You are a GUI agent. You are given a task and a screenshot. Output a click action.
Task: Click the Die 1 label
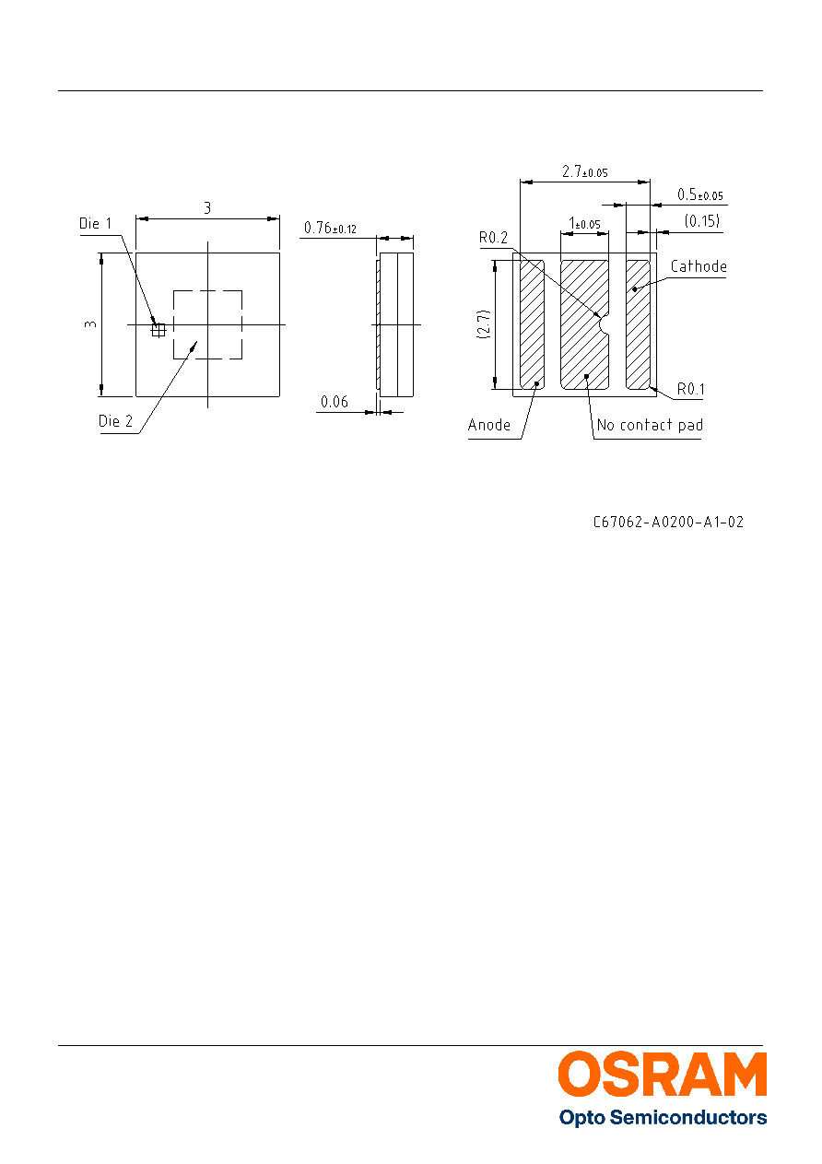tap(95, 223)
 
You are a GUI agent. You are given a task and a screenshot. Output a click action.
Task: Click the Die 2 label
tap(115, 421)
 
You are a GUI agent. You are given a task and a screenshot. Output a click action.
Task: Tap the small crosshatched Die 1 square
tap(159, 330)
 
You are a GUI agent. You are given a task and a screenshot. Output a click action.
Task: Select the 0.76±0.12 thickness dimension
tap(330, 228)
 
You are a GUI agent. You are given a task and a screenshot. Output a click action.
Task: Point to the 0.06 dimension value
tap(335, 402)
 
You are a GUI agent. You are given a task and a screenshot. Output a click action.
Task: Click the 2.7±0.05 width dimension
tap(584, 171)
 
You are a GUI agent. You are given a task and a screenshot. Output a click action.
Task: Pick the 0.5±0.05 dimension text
tap(699, 194)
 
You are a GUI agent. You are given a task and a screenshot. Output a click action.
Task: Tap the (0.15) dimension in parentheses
tap(702, 221)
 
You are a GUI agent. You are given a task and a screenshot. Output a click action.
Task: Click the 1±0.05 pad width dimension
tap(584, 224)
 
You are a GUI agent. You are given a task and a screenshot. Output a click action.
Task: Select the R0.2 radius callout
tap(493, 238)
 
